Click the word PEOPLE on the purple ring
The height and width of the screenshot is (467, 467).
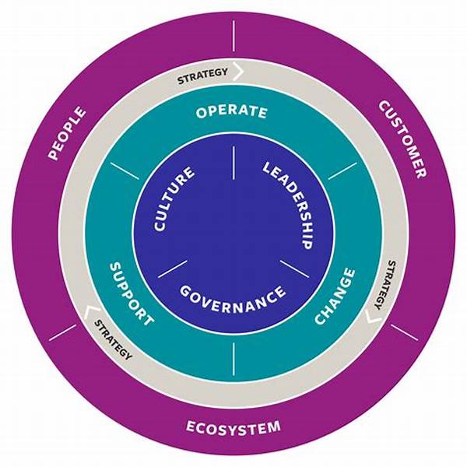pyautogui.click(x=68, y=134)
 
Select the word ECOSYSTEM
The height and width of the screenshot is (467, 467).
pyautogui.click(x=233, y=427)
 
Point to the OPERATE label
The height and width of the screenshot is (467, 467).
pyautogui.click(x=232, y=113)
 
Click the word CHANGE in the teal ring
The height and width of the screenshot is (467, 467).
pyautogui.click(x=336, y=297)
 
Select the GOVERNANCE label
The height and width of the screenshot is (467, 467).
pyautogui.click(x=232, y=297)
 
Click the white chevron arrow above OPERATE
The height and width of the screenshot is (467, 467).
pyautogui.click(x=238, y=73)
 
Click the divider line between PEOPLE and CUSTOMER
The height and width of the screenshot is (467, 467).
pyautogui.click(x=233, y=34)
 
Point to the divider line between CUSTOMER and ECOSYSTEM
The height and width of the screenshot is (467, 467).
pyautogui.click(x=403, y=332)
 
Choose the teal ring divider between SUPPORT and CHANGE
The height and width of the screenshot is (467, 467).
pyautogui.click(x=233, y=356)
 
